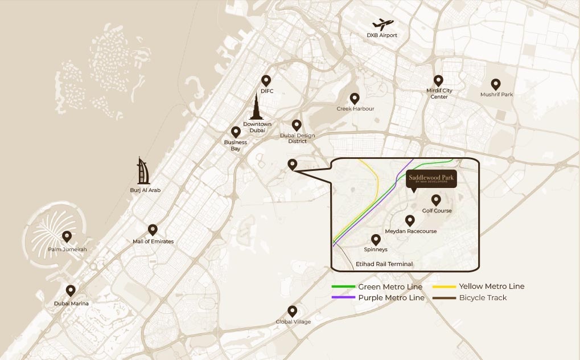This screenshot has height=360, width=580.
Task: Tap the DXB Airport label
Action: coord(382,35)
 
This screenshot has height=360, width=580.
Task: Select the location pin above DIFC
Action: coord(266,80)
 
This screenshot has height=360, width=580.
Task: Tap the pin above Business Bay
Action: coord(236,132)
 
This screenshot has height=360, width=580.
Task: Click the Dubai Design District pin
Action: coord(297,125)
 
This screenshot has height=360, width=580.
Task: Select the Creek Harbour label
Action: coord(355,109)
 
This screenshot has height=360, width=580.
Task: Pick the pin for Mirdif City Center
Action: coord(438,81)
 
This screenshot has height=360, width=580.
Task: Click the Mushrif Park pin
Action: coord(496,84)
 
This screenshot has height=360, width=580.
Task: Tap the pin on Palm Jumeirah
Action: coord(67,236)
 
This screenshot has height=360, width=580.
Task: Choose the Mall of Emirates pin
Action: coord(153,230)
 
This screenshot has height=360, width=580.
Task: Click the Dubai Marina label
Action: coord(71,304)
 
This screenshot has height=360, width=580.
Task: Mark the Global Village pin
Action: coord(293,310)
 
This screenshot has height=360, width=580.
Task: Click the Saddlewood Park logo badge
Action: coord(431,179)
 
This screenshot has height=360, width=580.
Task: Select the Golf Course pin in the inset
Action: coord(437,200)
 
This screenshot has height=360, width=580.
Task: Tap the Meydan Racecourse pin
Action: coord(410,220)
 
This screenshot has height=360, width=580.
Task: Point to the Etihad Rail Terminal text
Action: coord(384,264)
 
